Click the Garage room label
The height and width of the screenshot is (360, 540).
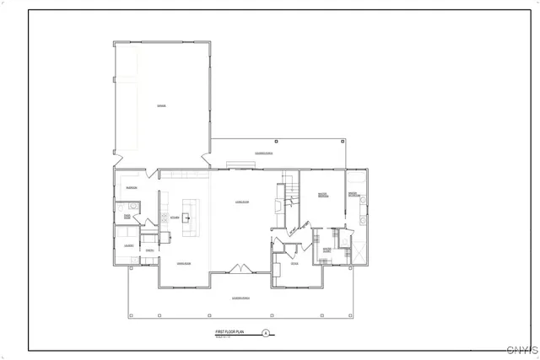coord(160,105)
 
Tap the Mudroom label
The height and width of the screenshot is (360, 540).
coord(132,186)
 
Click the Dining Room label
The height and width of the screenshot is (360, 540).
coord(182,265)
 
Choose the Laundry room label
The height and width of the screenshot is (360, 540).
coord(129,246)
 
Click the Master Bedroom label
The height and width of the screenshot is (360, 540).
coord(321,196)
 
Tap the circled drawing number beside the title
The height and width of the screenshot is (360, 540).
coord(267,334)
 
